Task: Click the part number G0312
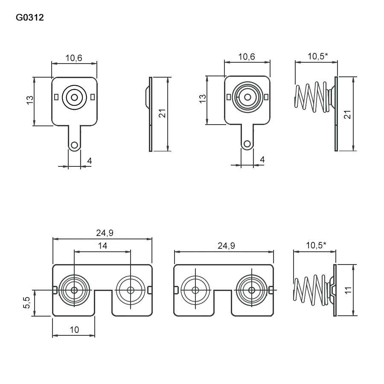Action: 30,18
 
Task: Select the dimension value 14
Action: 102,245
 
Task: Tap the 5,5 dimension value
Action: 26,303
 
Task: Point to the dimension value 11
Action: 348,290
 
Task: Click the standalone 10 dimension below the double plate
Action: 74,329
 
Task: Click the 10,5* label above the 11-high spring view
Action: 316,245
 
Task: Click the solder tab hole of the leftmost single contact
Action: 75,145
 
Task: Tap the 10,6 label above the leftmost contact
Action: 74,58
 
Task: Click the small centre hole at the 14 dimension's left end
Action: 74,290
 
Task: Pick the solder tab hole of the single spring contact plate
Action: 247,144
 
